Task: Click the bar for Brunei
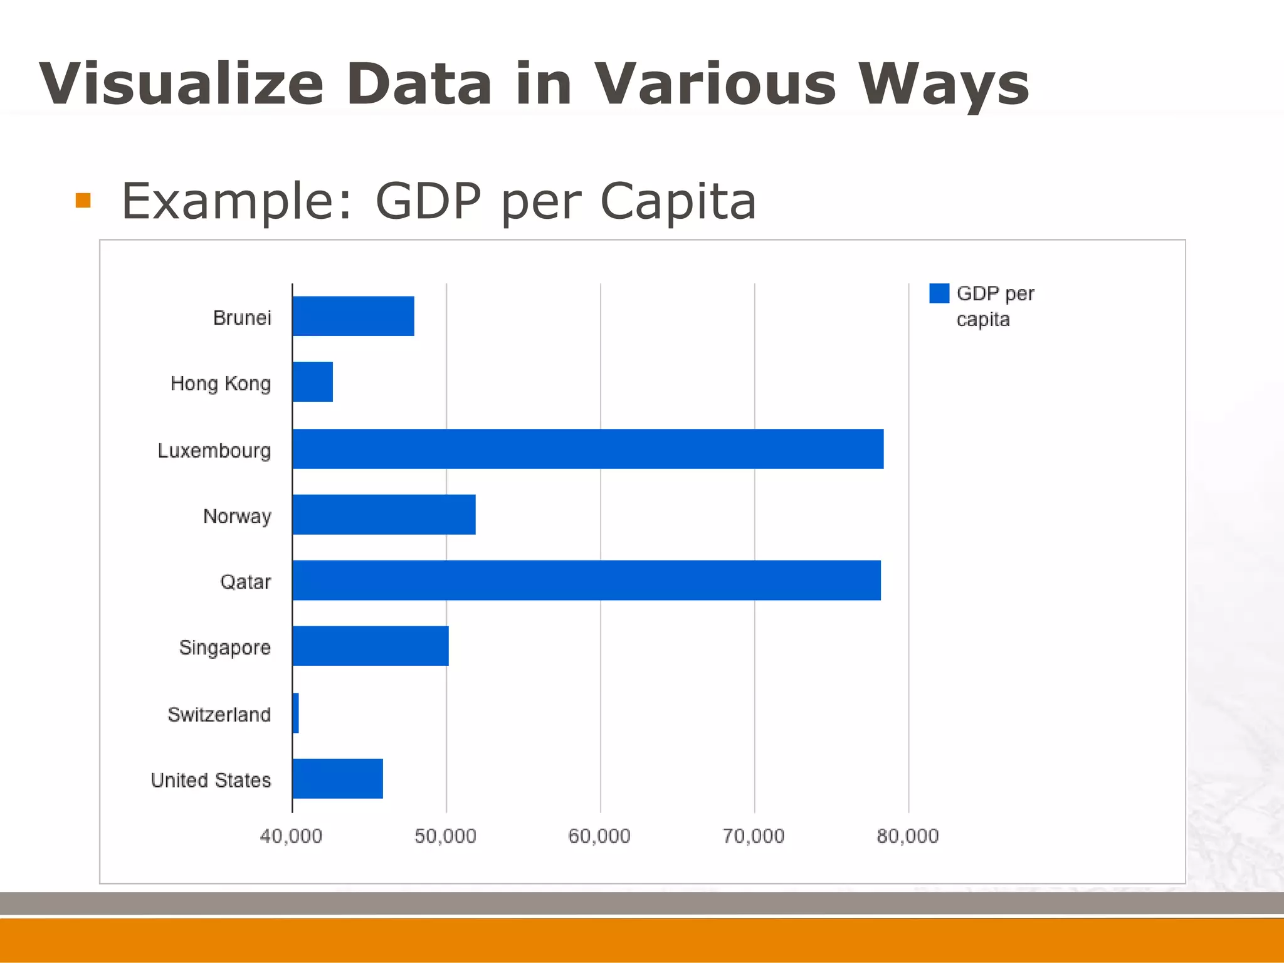click(354, 316)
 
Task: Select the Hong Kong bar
click(313, 382)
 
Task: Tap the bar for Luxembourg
click(588, 449)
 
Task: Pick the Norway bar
click(384, 515)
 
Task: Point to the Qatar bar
click(587, 581)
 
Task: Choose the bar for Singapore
click(371, 646)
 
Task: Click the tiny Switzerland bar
click(295, 713)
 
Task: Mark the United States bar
click(338, 779)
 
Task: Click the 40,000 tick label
click(291, 836)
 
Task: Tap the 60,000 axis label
click(599, 836)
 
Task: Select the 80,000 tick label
click(908, 836)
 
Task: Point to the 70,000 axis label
click(754, 836)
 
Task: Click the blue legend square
click(939, 293)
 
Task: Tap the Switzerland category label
click(219, 715)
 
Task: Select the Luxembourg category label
click(214, 451)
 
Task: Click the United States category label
click(211, 781)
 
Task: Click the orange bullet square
click(83, 201)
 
